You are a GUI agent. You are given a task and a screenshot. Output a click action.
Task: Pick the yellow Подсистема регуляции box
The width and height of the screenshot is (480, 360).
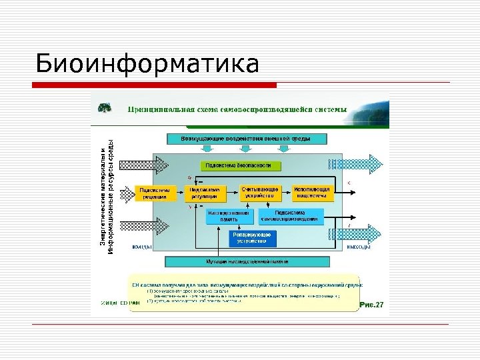tap(204, 193)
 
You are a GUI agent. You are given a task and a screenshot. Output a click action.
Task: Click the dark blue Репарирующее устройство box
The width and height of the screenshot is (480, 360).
tap(253, 238)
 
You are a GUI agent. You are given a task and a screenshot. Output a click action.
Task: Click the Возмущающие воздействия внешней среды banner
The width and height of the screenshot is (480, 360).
tap(246, 139)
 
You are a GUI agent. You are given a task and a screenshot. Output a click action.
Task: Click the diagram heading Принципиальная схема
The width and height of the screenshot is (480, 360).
tap(237, 109)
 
